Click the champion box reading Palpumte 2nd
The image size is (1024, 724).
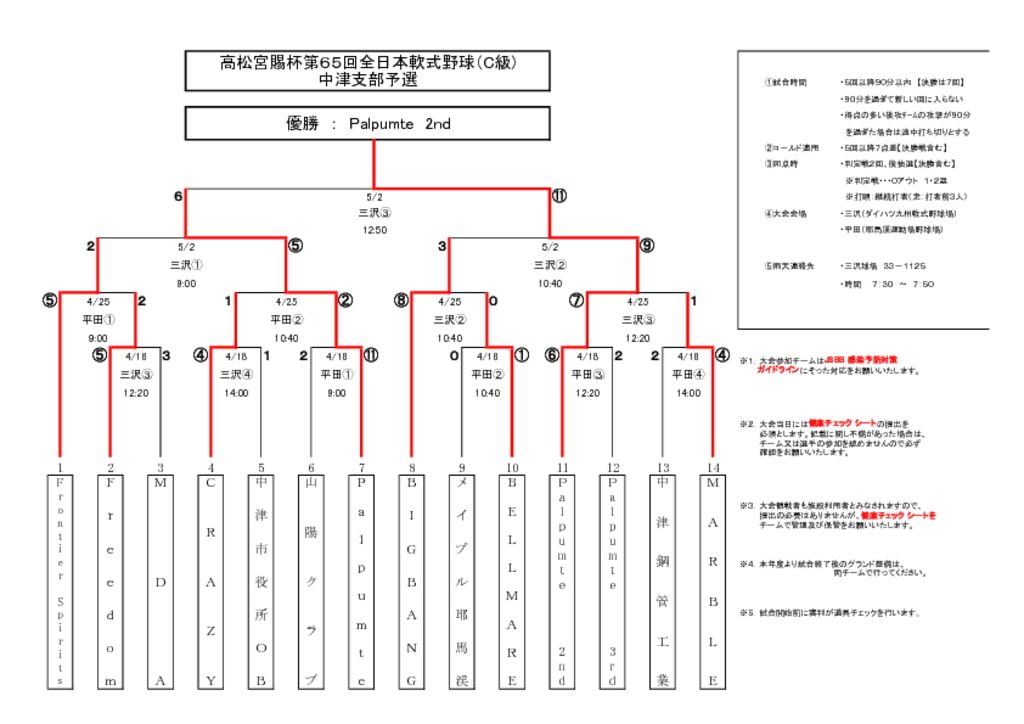click(x=368, y=124)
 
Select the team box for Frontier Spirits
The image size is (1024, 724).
click(x=61, y=581)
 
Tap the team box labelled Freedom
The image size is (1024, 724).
click(x=110, y=581)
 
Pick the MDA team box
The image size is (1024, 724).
click(x=160, y=581)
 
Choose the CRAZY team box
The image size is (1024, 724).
click(x=210, y=581)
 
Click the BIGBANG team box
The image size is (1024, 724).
click(x=411, y=581)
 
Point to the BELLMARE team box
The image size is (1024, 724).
click(x=512, y=581)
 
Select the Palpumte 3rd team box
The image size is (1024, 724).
click(x=612, y=581)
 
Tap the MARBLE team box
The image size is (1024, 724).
click(x=712, y=581)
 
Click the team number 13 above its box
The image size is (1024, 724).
click(x=662, y=467)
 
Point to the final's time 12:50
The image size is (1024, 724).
click(x=374, y=229)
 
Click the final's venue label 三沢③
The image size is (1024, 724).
click(x=374, y=213)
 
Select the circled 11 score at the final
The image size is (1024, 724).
click(x=560, y=196)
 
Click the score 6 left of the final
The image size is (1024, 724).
click(x=179, y=196)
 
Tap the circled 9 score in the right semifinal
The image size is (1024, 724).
click(x=647, y=245)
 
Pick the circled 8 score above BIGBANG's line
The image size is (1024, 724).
click(x=400, y=300)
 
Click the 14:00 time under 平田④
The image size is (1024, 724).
click(x=688, y=393)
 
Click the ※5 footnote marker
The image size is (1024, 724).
click(x=746, y=613)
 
